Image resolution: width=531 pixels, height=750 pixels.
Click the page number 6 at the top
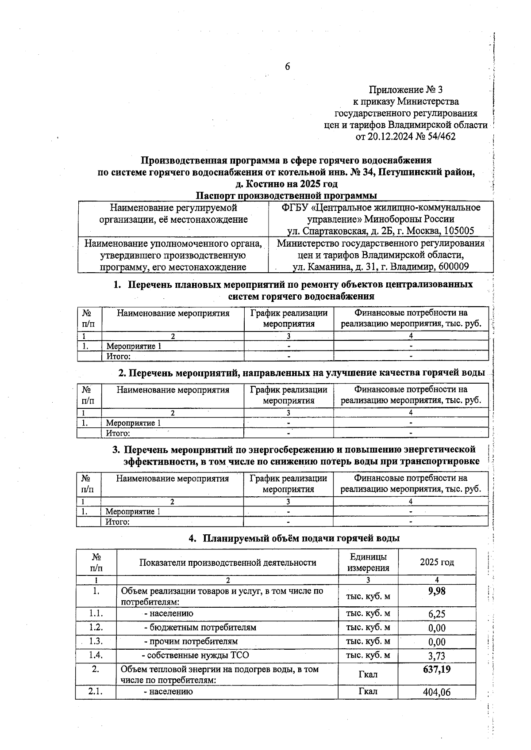click(x=287, y=67)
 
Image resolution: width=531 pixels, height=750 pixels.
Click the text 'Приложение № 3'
click(x=406, y=90)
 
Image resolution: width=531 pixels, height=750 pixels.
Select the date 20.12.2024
click(x=390, y=137)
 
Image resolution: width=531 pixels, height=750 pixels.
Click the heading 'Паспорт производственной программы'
click(x=287, y=195)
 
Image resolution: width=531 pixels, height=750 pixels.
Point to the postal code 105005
click(x=458, y=231)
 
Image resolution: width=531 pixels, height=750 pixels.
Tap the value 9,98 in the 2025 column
click(x=437, y=591)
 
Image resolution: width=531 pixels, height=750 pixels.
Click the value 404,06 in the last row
click(x=437, y=692)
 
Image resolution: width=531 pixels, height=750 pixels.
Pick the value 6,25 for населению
click(x=437, y=614)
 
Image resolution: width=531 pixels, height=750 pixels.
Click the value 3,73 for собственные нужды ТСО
click(x=437, y=656)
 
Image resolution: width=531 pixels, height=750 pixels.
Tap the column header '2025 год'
click(x=437, y=562)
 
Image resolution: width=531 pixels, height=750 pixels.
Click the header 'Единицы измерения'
click(x=368, y=562)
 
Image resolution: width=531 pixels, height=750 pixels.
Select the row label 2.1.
click(x=96, y=691)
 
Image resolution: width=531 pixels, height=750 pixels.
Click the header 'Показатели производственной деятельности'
click(x=227, y=563)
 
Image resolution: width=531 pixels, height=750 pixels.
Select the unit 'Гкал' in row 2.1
click(x=368, y=691)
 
